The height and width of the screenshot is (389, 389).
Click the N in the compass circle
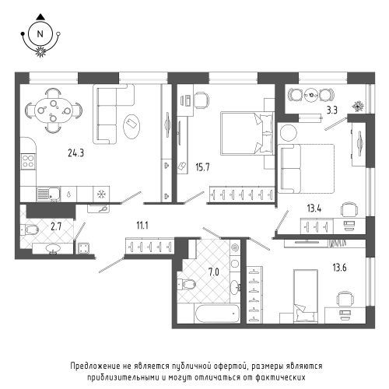[x=40, y=34]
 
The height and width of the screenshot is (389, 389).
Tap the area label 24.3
[x=76, y=153]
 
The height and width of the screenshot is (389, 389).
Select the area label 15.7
[x=202, y=167]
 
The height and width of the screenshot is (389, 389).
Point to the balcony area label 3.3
[x=331, y=110]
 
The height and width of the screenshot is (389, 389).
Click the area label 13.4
[x=314, y=209]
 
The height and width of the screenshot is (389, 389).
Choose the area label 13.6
[x=339, y=268]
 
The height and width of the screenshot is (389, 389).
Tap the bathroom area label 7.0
[x=214, y=272]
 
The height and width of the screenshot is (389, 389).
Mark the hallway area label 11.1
[x=142, y=226]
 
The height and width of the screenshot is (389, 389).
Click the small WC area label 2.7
[x=56, y=227]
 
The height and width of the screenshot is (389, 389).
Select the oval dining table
[x=54, y=110]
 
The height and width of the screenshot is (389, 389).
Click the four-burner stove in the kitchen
[x=28, y=161]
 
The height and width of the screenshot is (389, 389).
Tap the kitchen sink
[x=48, y=194]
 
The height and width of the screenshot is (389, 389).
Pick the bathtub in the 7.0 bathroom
[x=217, y=314]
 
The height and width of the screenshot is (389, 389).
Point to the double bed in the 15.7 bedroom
[x=247, y=134]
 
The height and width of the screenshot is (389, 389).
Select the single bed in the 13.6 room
[x=306, y=296]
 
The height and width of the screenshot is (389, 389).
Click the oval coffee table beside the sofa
[x=132, y=127]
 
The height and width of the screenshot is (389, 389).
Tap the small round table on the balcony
[x=311, y=95]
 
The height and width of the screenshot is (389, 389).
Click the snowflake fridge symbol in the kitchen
[x=101, y=194]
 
